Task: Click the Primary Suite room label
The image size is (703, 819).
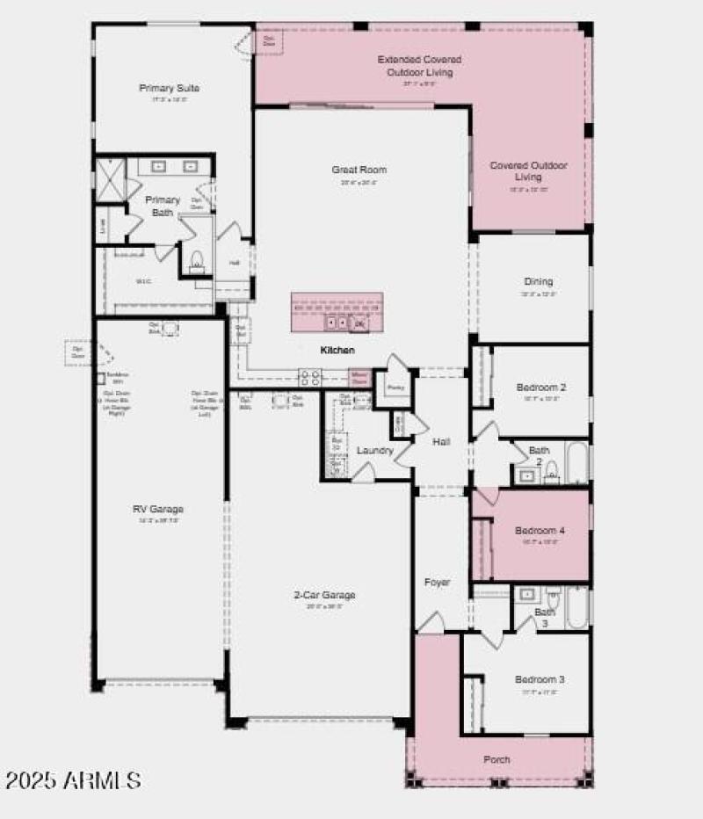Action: coord(169,88)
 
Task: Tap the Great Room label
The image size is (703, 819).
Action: coord(359,170)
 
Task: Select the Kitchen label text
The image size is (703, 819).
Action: coord(337,350)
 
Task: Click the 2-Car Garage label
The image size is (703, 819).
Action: coord(324,595)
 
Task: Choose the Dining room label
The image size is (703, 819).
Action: coord(539,281)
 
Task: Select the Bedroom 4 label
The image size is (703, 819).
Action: coord(540,531)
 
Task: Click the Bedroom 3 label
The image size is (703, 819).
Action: coord(540,679)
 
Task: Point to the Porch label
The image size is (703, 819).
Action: coord(496,759)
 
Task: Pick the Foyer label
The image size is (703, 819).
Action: coord(438,583)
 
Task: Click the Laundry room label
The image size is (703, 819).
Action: coord(375,451)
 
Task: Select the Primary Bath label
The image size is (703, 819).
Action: coord(163,206)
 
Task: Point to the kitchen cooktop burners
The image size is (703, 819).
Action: coord(309,378)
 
